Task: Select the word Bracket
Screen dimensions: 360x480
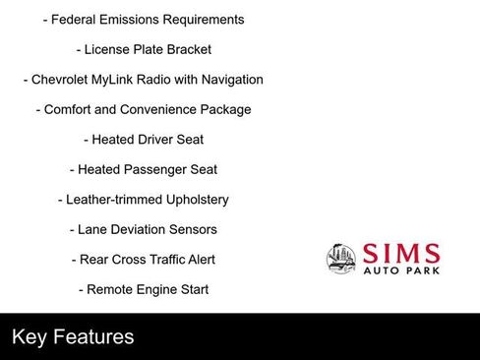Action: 188,49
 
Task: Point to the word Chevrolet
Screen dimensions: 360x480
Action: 64,80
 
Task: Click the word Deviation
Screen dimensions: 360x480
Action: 142,229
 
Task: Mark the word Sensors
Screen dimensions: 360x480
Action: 195,229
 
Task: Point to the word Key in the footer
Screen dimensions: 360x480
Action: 30,337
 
